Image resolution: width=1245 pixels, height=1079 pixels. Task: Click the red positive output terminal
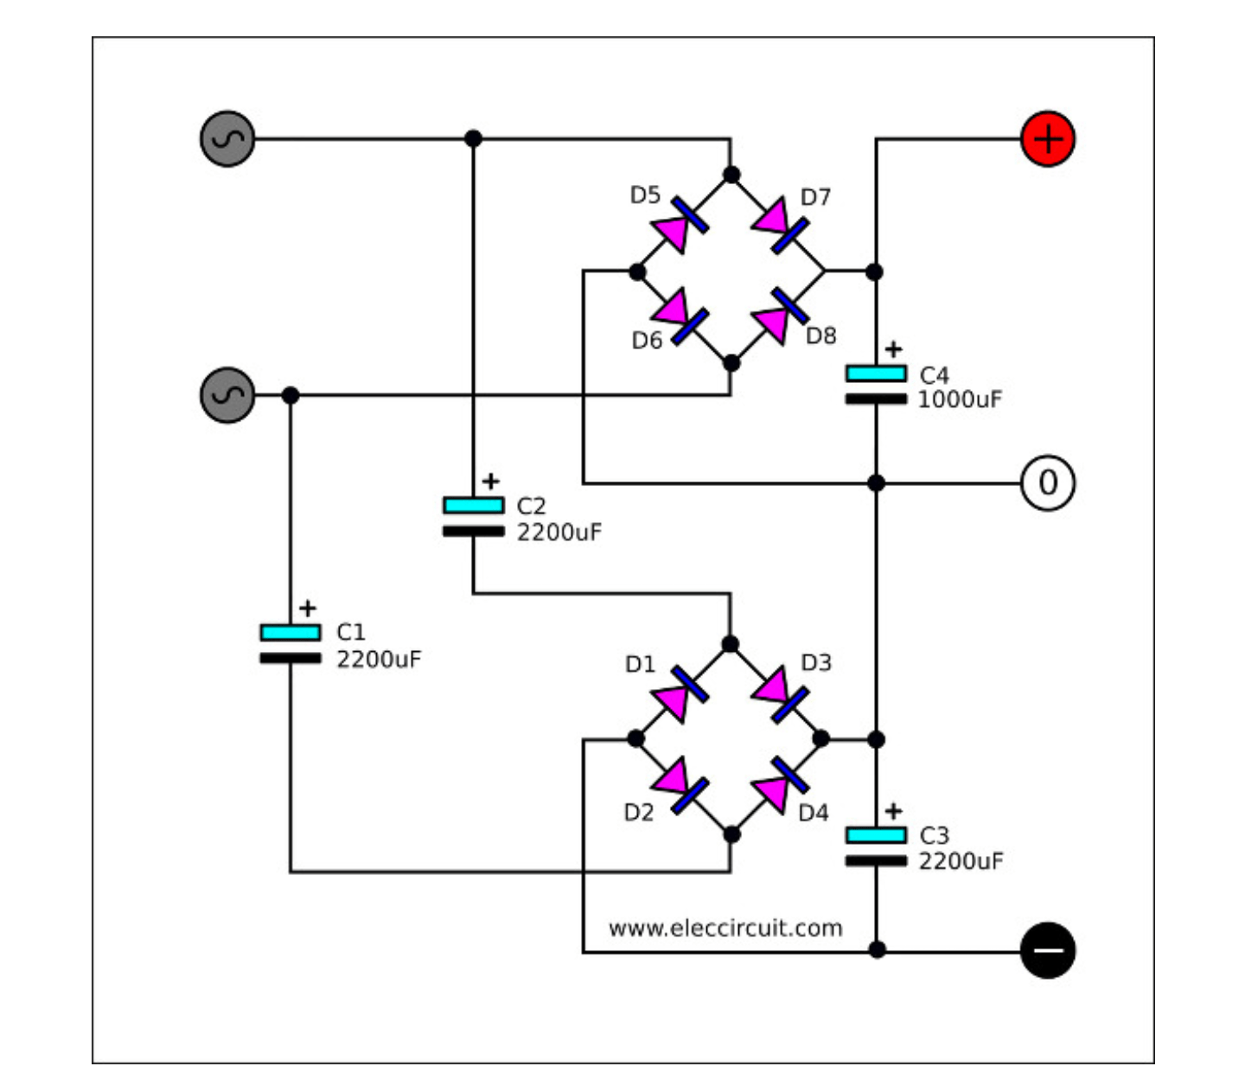[1048, 139]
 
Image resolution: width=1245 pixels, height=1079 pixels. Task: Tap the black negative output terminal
[1048, 950]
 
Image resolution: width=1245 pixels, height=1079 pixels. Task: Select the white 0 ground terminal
[1048, 482]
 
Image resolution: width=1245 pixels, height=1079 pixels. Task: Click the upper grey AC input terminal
[227, 138]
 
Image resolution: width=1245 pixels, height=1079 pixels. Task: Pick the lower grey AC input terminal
[227, 395]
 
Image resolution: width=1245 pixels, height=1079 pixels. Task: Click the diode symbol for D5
[680, 224]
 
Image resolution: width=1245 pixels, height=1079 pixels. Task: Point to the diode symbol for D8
[780, 316]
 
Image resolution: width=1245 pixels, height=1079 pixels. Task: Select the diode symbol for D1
[680, 693]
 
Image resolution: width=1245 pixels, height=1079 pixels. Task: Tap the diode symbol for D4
[780, 785]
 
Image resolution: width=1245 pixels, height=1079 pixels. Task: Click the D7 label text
[815, 198]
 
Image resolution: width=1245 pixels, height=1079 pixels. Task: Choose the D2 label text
[639, 813]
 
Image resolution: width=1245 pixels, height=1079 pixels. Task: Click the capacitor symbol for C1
[290, 645]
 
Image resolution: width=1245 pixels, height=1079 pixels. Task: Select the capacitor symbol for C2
[473, 517]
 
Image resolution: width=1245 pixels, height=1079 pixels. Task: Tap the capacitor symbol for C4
[876, 386]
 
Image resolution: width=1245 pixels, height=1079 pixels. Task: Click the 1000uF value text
[960, 400]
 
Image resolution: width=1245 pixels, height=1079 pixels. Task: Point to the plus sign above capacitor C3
[894, 811]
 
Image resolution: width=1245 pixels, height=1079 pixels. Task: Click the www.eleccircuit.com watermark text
[725, 929]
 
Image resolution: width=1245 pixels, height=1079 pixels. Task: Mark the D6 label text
[647, 341]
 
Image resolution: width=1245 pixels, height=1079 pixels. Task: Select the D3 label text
[816, 663]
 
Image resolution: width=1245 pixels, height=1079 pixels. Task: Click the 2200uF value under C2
[559, 533]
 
